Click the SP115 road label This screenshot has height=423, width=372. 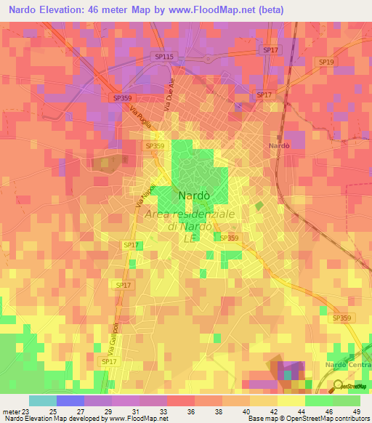163,56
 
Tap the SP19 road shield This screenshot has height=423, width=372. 326,63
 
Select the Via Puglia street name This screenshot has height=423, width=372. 138,116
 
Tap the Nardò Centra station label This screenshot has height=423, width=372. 347,364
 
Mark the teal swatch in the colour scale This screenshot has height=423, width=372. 43,400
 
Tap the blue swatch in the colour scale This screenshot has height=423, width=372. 70,400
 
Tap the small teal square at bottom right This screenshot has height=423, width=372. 288,375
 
